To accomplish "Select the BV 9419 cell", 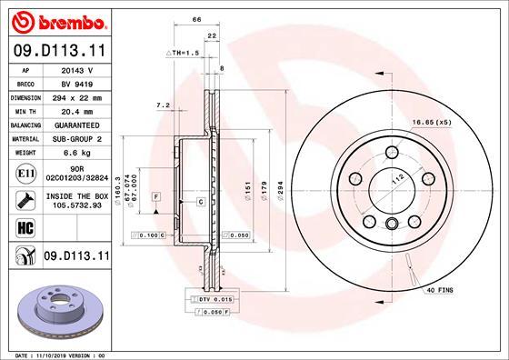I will tap(75, 82).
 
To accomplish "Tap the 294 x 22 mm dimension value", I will tap(75, 95).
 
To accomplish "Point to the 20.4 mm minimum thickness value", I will tap(75, 109).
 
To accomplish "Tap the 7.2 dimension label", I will tap(164, 105).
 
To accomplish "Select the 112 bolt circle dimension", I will tap(394, 181).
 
